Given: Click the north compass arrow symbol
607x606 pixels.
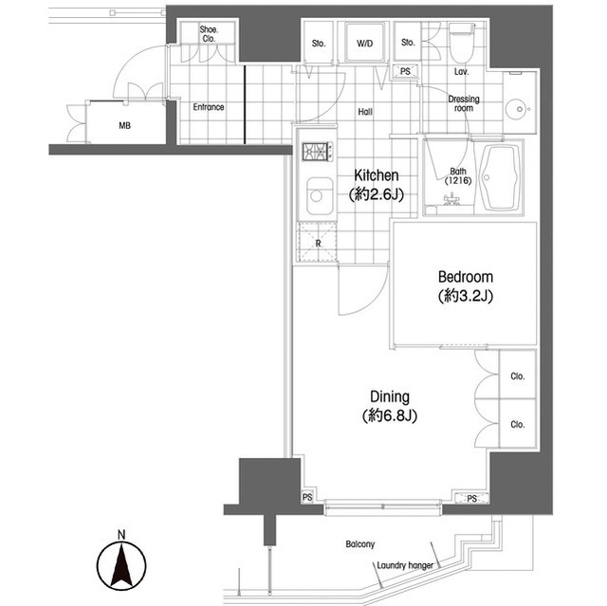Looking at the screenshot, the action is pos(121,563).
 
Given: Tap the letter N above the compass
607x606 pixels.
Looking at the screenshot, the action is pos(122,535).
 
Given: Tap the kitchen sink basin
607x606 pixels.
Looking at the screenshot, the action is pos(320,195).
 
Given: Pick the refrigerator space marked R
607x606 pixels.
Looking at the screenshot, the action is pos(317,243).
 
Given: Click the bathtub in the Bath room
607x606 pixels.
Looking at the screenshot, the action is pos(501,177).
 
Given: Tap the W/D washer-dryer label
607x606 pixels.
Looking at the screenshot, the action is pos(364,44).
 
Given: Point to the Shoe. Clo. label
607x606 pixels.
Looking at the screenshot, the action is pos(209,34).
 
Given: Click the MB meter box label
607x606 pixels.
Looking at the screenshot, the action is pos(124,126).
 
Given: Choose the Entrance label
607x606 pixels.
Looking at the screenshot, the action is pos(209,107).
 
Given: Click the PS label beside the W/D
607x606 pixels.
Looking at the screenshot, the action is pos(405,71).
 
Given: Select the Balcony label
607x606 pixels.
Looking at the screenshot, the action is pos(360,544).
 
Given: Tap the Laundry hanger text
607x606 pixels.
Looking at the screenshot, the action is pos(405,565).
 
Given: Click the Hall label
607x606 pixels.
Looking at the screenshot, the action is pos(365,112).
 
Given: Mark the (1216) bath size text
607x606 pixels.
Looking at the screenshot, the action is pos(458,180).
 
